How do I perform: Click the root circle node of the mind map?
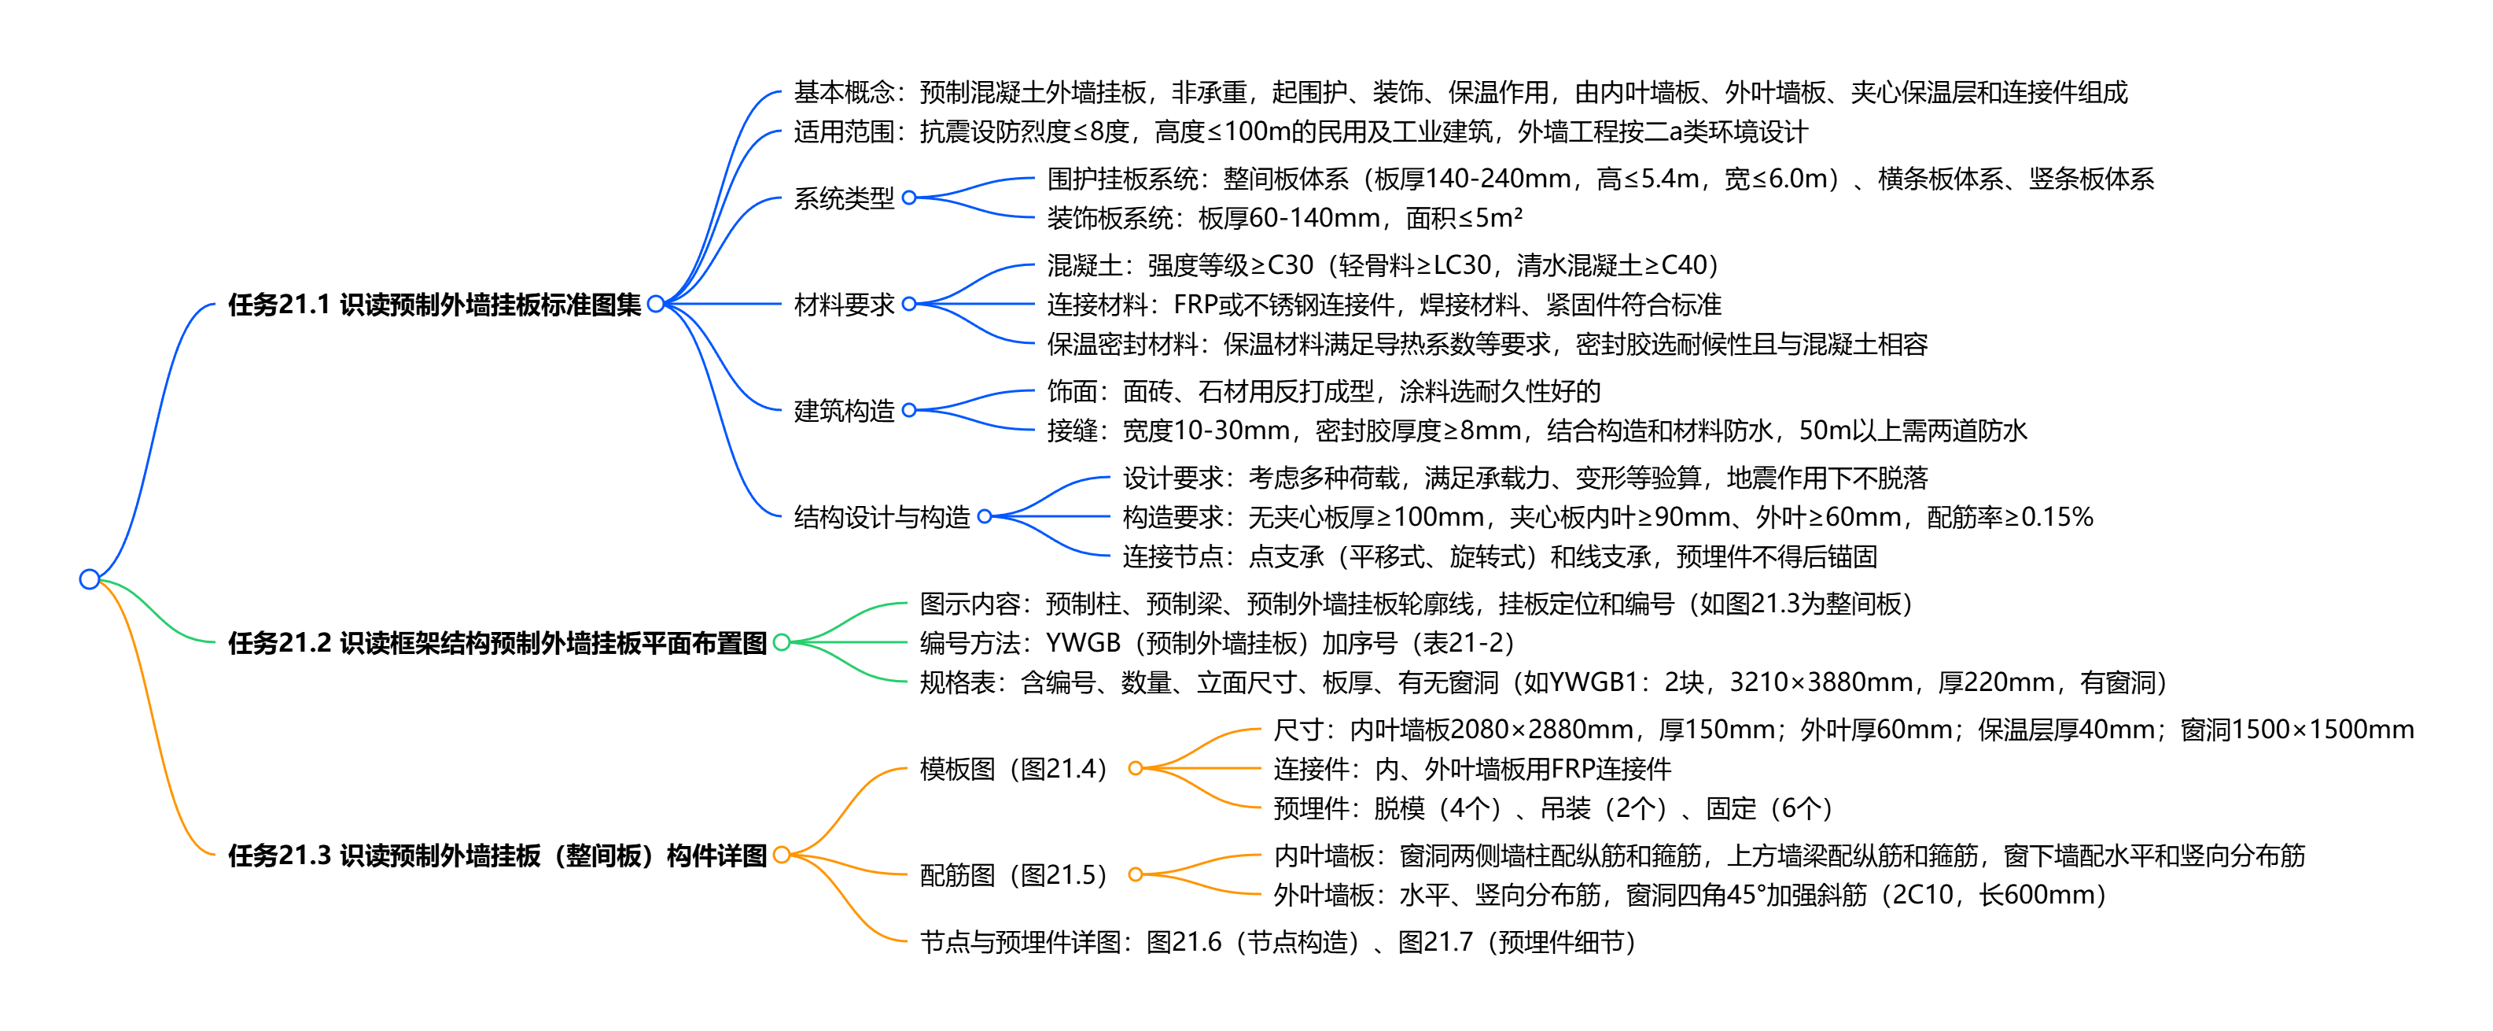89,579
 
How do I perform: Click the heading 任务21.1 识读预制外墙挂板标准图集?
435,305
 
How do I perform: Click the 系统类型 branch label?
843,198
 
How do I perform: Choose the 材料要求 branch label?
843,305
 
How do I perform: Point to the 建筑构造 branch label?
843,411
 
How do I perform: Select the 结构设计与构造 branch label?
881,517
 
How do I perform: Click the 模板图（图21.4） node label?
1013,769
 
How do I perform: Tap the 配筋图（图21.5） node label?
1013,875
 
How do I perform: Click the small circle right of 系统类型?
909,198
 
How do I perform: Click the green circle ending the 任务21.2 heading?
782,642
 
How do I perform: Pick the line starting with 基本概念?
1460,93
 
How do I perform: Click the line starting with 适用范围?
1300,131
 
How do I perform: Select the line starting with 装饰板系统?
1284,219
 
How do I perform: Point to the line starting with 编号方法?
1217,643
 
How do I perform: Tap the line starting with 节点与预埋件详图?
1276,942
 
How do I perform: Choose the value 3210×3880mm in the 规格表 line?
1820,682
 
